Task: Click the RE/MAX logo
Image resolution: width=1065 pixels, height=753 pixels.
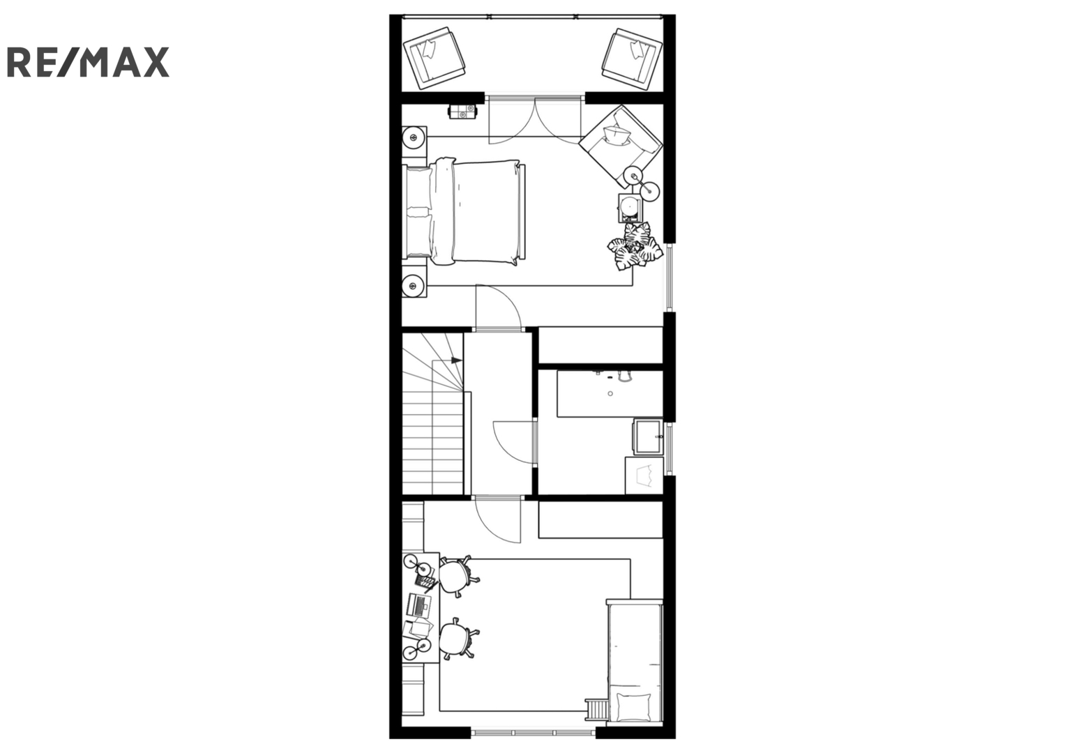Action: pyautogui.click(x=89, y=62)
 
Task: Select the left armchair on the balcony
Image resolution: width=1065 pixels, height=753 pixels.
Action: pyautogui.click(x=434, y=58)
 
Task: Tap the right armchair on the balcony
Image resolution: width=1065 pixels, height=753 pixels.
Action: pyautogui.click(x=632, y=59)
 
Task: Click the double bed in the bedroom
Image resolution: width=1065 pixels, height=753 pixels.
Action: pyautogui.click(x=464, y=212)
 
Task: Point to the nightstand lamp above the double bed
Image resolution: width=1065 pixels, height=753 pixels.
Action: pyautogui.click(x=414, y=138)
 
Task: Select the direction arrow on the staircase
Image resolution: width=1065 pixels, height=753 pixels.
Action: pyautogui.click(x=456, y=360)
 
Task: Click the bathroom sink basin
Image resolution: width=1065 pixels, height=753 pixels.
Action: pyautogui.click(x=647, y=436)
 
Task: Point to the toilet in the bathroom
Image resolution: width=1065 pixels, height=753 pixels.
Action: pyautogui.click(x=644, y=476)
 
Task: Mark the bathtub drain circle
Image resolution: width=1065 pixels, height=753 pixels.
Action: pyautogui.click(x=610, y=394)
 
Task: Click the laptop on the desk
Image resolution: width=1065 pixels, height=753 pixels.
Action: pyautogui.click(x=419, y=604)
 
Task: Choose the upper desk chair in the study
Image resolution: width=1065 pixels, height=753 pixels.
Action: pyautogui.click(x=458, y=576)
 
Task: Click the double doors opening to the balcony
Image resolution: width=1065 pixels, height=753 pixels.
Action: pyautogui.click(x=535, y=119)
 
